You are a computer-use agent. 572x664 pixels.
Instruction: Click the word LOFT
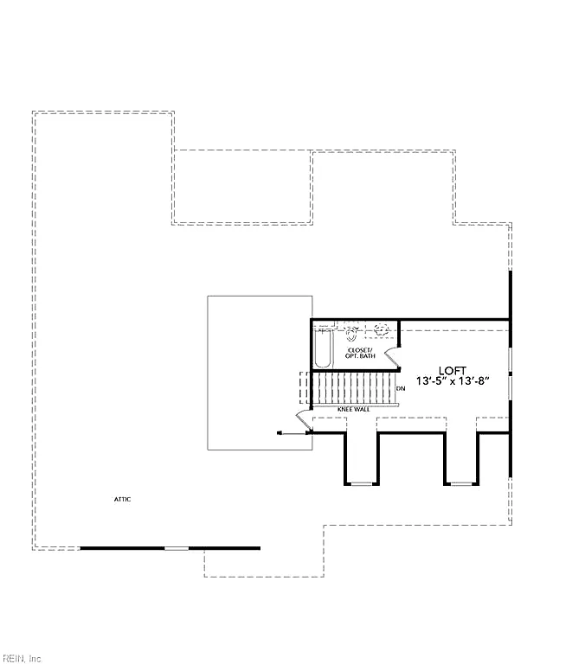click(452, 371)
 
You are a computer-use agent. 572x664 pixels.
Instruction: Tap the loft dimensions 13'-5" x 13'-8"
click(453, 381)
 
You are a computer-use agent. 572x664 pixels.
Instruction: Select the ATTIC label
click(123, 499)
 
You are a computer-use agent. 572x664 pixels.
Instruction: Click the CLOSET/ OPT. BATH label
click(360, 353)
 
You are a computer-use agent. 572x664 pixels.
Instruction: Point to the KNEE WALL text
click(354, 410)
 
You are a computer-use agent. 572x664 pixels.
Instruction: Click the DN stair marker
click(401, 388)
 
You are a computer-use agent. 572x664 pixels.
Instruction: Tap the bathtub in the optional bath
click(323, 349)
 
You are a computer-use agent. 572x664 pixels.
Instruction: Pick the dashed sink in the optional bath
click(381, 329)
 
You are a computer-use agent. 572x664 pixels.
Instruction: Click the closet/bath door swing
click(392, 358)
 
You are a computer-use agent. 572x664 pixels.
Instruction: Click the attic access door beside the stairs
click(304, 420)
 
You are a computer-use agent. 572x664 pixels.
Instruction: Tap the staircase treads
click(354, 388)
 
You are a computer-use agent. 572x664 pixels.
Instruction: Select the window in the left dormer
click(362, 483)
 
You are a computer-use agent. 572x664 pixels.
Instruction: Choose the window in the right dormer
click(461, 483)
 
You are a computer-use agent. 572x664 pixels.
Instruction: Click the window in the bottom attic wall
click(177, 548)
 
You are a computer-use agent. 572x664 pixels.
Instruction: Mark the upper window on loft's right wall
click(511, 360)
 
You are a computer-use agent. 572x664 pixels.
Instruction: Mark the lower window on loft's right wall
click(511, 388)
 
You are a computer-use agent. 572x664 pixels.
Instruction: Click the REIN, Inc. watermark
click(21, 659)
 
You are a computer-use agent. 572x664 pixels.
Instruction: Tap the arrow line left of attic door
click(293, 433)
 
